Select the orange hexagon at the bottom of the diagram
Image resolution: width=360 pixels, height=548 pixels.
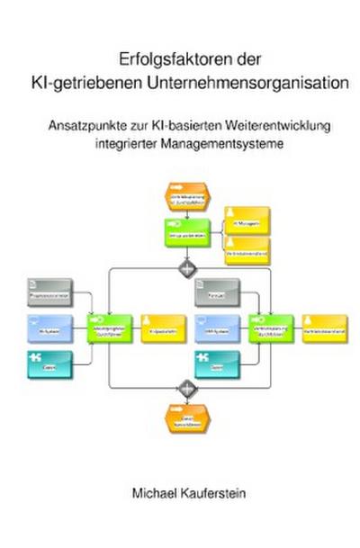[186, 418]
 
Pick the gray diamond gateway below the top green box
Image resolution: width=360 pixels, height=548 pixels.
[187, 268]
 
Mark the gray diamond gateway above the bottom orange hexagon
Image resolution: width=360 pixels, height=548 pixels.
[187, 389]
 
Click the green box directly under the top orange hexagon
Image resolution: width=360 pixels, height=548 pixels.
[185, 232]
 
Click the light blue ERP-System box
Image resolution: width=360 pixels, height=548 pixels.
[217, 329]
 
